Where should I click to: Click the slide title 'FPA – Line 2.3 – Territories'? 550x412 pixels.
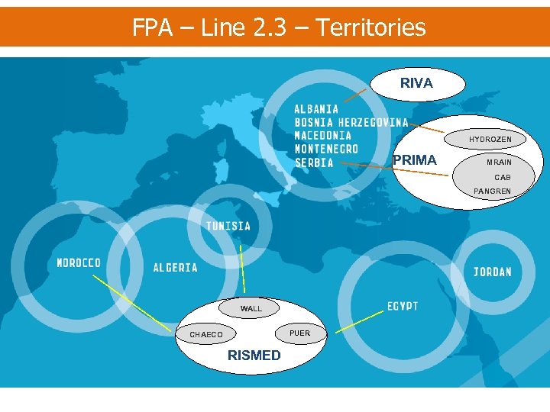(279, 27)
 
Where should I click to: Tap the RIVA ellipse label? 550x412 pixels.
(416, 83)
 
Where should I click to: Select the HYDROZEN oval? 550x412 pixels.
(490, 140)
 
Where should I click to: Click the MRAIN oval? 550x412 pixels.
(500, 163)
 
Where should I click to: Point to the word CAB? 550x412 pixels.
(502, 178)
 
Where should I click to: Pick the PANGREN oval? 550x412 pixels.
(493, 191)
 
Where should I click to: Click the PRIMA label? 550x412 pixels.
(415, 160)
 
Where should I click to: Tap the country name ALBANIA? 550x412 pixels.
(316, 109)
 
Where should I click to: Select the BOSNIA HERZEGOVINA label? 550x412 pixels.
(351, 123)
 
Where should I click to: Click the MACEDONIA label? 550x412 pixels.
(323, 136)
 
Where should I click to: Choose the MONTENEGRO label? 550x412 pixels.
(326, 149)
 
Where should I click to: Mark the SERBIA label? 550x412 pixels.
(314, 163)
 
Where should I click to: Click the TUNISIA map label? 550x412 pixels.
(228, 226)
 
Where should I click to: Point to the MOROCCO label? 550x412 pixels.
(79, 263)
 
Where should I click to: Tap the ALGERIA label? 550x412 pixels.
(175, 268)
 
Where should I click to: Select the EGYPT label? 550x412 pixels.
(403, 306)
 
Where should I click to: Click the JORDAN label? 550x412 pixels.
(493, 272)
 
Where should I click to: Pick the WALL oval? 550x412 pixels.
(251, 308)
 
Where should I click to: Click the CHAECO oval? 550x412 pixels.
(206, 334)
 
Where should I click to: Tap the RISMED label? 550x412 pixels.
(254, 356)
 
